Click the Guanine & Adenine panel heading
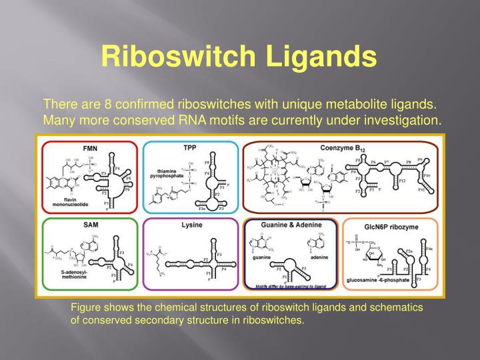point(291,227)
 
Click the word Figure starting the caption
point(85,308)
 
